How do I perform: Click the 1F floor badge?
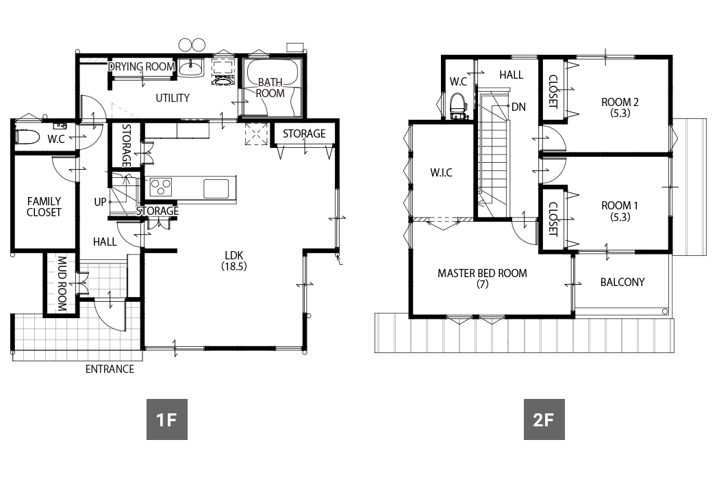coord(167,419)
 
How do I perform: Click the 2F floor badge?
coord(544,419)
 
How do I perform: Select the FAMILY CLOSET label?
coord(44,207)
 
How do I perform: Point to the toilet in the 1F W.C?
coord(27,136)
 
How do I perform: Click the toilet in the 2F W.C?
coord(458,106)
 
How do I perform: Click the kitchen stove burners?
coord(161,187)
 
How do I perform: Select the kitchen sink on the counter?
coord(216,188)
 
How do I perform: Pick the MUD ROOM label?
coord(62,284)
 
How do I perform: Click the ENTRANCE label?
coord(110,369)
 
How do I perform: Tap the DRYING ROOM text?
coord(142,66)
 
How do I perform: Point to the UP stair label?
coord(100,202)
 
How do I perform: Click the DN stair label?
coord(518,107)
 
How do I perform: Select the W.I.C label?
coord(441,173)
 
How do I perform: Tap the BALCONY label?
coord(622,282)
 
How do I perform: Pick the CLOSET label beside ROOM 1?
coord(553,219)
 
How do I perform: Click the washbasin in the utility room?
coord(190,68)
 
